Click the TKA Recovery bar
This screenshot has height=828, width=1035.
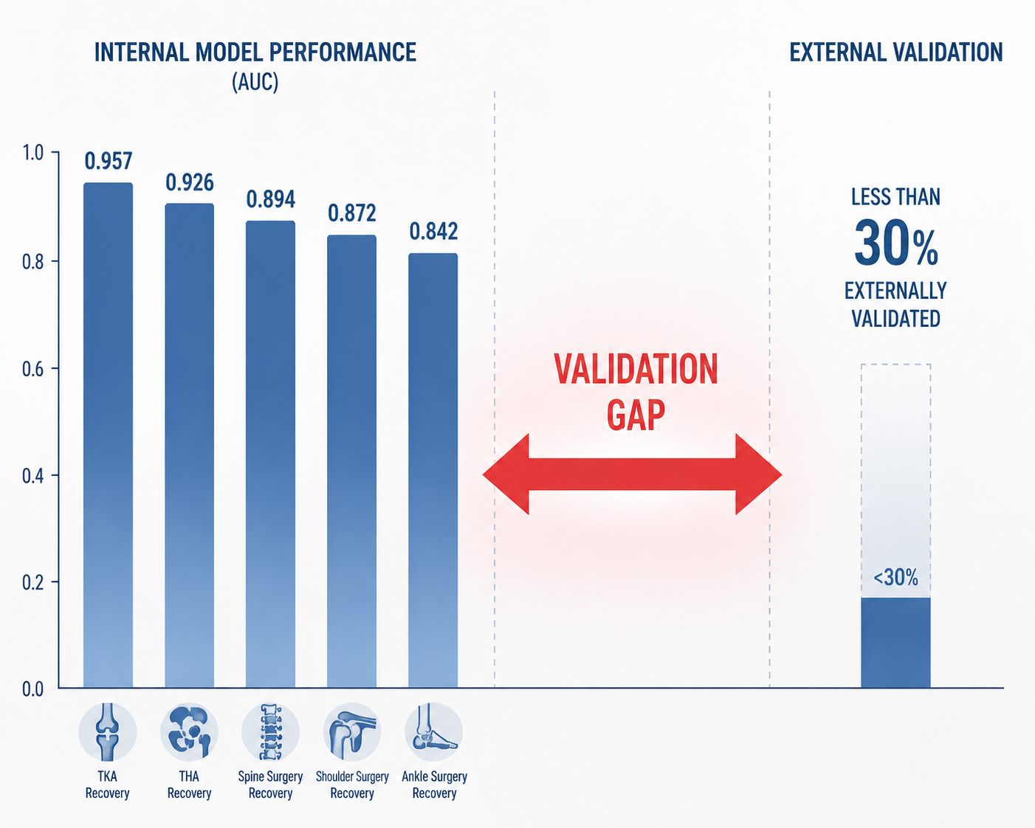coord(109,435)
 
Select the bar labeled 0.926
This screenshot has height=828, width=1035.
coord(190,446)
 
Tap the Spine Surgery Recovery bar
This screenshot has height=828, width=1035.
coord(270,455)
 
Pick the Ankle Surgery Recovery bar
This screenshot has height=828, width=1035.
coord(433,471)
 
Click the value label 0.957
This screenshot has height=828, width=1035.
coord(109,161)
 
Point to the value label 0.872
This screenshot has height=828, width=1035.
coord(352,213)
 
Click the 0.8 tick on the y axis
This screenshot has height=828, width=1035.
coord(32,261)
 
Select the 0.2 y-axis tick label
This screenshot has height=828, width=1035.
coord(32,582)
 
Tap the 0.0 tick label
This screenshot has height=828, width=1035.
coord(32,689)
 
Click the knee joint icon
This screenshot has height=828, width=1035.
coord(108,732)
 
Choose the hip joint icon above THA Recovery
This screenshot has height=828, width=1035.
coord(189,732)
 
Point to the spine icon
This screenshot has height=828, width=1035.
coord(270,732)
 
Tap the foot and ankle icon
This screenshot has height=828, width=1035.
coord(434,732)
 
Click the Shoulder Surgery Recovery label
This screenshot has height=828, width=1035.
coord(352,784)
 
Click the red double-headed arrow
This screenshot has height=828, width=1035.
coord(632,474)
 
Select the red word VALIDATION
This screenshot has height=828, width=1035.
coord(636,369)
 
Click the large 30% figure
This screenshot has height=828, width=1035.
coord(896,244)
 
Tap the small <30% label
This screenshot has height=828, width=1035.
coord(895,578)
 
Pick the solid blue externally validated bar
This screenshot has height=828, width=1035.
coord(895,643)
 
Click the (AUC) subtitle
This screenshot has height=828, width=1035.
coord(255,82)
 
